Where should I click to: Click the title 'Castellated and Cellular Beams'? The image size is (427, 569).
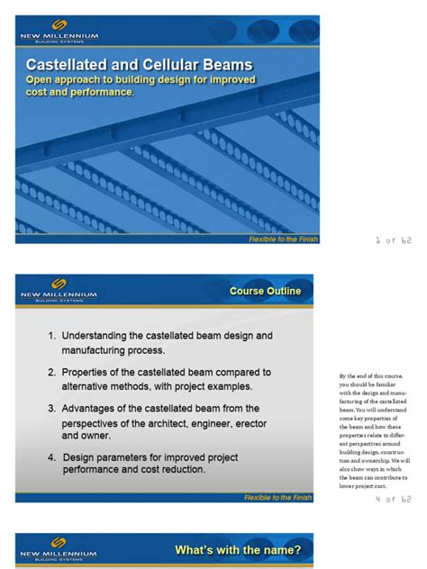pyautogui.click(x=139, y=65)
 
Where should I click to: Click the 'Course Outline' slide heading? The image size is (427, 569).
pyautogui.click(x=266, y=291)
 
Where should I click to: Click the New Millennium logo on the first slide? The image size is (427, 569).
pyautogui.click(x=59, y=32)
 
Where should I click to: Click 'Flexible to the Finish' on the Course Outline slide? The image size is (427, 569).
pyautogui.click(x=278, y=497)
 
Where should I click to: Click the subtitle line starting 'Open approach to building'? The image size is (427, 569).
pyautogui.click(x=139, y=80)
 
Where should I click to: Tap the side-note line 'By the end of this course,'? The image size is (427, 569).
pyautogui.click(x=370, y=375)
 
